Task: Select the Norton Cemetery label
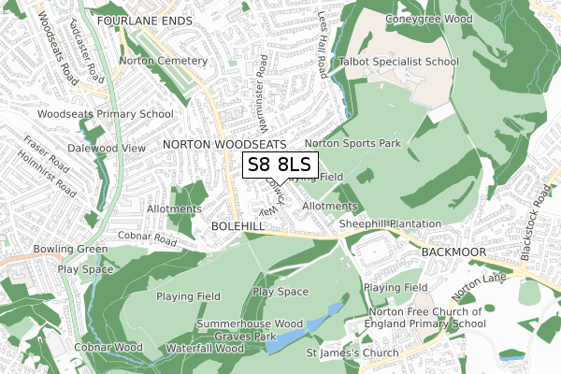click(x=163, y=61)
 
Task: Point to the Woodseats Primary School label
click(x=106, y=114)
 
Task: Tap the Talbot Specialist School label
click(x=405, y=62)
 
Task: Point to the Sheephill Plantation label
click(x=390, y=224)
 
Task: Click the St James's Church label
click(x=352, y=352)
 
